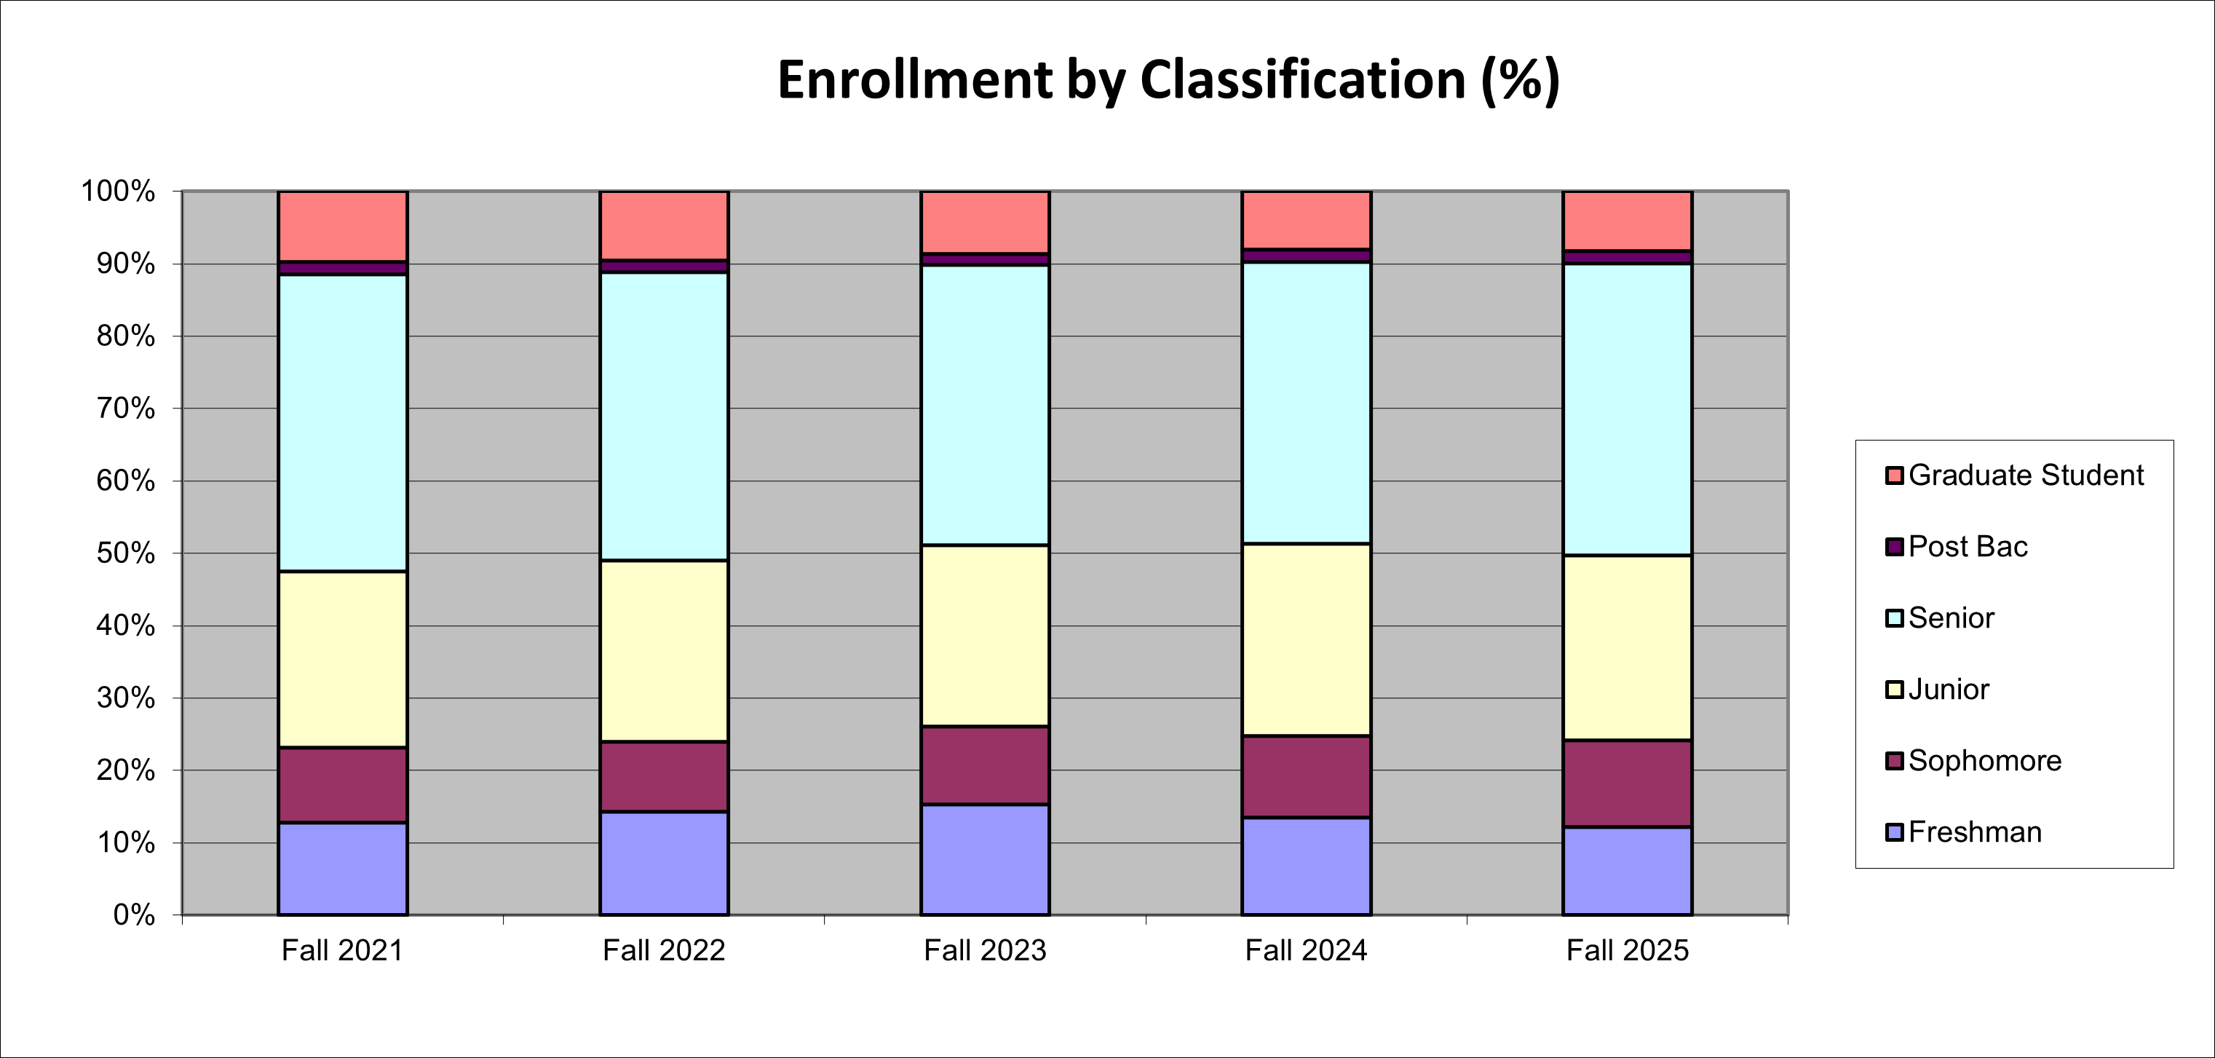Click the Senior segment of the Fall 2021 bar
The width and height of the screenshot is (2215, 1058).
click(342, 422)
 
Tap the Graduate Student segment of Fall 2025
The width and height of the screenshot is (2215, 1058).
click(1627, 220)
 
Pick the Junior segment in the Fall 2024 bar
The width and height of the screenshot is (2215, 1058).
click(1306, 639)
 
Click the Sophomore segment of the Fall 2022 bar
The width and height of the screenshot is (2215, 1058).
click(664, 776)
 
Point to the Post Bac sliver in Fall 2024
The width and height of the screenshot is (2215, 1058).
click(1306, 256)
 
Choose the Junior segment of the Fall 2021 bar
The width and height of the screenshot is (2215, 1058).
click(342, 659)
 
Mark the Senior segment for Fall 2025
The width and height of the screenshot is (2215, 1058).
click(1627, 409)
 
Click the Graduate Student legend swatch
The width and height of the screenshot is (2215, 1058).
click(1894, 475)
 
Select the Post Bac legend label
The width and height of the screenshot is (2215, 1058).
click(1968, 547)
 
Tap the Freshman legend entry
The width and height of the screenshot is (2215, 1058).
click(1974, 832)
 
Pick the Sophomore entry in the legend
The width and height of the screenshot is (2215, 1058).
click(1984, 761)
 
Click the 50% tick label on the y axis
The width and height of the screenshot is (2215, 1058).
click(125, 553)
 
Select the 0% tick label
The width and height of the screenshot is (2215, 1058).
click(134, 915)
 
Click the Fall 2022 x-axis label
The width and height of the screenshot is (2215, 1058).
click(664, 950)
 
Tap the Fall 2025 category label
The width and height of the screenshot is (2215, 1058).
click(1627, 950)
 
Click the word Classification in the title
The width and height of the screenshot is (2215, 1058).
click(1303, 80)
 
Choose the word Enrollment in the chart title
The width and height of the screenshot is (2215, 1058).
click(915, 80)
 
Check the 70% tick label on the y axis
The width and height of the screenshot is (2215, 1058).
click(125, 408)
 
